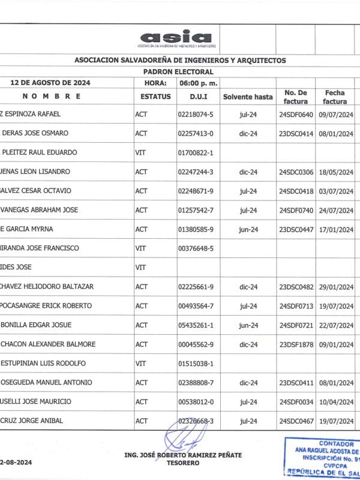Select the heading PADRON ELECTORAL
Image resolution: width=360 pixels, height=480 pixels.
click(x=179, y=71)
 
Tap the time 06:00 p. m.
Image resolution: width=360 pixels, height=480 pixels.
click(x=198, y=83)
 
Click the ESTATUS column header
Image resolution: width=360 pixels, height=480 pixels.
click(x=155, y=97)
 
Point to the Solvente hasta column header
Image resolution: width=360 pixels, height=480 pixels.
click(x=248, y=97)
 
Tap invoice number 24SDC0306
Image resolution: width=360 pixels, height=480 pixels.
click(x=296, y=172)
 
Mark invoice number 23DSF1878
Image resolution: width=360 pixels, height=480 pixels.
click(x=296, y=344)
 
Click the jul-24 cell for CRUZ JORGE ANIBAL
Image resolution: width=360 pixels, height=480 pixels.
click(x=248, y=421)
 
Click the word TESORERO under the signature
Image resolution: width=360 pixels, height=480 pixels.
click(x=183, y=463)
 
